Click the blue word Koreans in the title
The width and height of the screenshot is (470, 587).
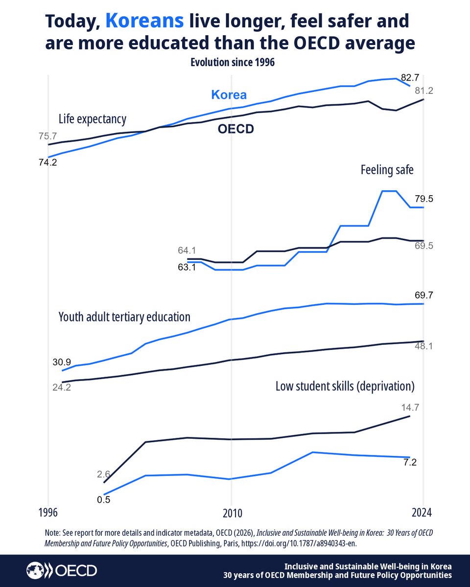pos(145,21)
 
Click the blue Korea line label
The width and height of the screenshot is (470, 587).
pos(229,95)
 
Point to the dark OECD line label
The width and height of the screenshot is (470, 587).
pos(235,130)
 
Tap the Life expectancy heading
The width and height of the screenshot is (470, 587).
pos(93,119)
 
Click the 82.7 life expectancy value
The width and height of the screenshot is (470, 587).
pos(410,77)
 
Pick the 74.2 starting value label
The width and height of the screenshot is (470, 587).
pos(48,163)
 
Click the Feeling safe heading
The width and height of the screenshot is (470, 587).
pos(387,170)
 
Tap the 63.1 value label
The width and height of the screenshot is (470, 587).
pos(187,268)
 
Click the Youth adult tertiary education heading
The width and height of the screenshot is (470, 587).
pos(124,317)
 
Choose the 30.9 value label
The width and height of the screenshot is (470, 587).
pos(62,362)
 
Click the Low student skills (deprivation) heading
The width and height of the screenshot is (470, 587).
pos(345,386)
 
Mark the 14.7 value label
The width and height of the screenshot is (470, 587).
pos(410,406)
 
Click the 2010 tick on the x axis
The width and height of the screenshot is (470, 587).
pos(231,514)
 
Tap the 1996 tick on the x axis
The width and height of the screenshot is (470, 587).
pos(48,514)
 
